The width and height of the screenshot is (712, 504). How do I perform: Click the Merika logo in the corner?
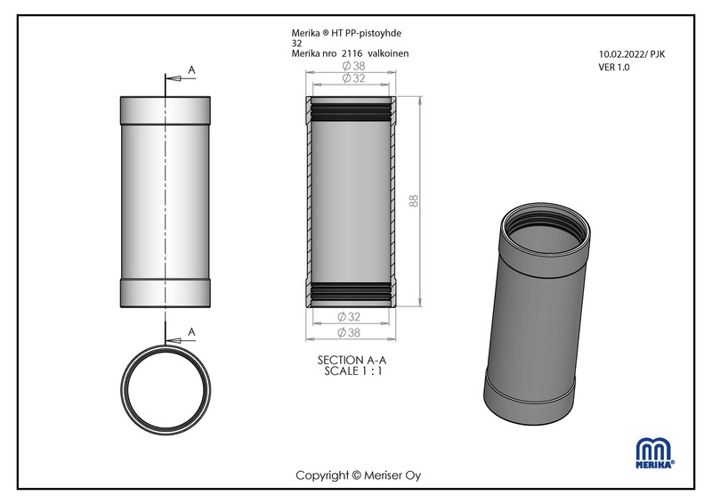655,452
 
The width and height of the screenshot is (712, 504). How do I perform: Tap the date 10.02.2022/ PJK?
632,54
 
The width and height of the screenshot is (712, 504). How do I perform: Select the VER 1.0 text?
614,68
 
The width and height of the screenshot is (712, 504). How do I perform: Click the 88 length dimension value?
414,201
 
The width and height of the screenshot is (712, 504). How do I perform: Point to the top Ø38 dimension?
353,66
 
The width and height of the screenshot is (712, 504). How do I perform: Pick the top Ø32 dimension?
353,78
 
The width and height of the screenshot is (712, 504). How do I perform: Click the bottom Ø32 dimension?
349,316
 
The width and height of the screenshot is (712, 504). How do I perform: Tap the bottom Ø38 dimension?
349,333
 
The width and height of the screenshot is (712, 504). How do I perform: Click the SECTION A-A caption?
352,360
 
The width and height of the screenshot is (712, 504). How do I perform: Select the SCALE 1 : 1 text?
353,370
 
